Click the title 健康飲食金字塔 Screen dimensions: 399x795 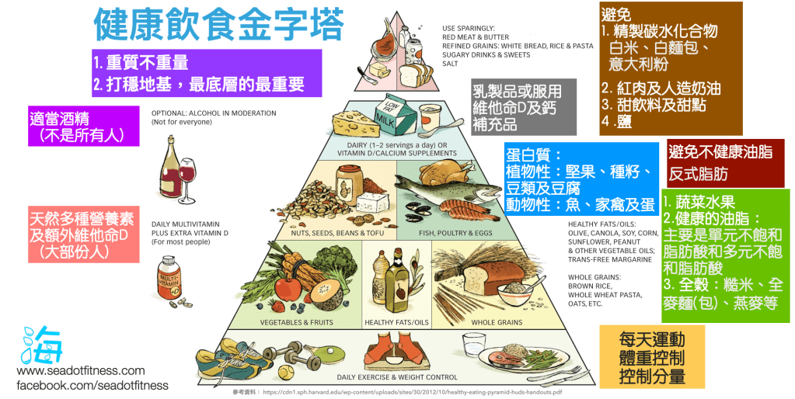tap(218, 25)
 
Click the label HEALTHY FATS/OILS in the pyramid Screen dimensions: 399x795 tap(396, 321)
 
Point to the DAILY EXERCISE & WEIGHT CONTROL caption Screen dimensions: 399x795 tap(397, 377)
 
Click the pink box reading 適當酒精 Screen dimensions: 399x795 tap(84, 127)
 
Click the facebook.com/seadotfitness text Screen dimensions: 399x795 tap(92, 385)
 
